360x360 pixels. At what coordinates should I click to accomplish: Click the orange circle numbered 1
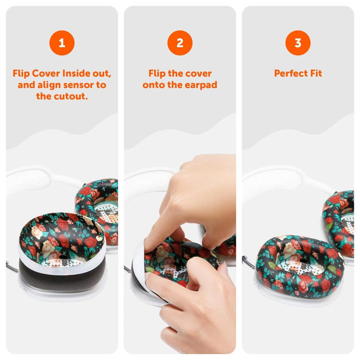(x=61, y=43)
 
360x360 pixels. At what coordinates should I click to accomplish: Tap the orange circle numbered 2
(x=180, y=43)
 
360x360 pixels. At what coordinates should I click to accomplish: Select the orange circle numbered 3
(x=298, y=43)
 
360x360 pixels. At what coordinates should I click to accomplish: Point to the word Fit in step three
(x=315, y=73)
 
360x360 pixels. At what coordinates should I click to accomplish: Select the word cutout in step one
(x=71, y=96)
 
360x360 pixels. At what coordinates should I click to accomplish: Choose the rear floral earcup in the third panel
(x=340, y=220)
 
